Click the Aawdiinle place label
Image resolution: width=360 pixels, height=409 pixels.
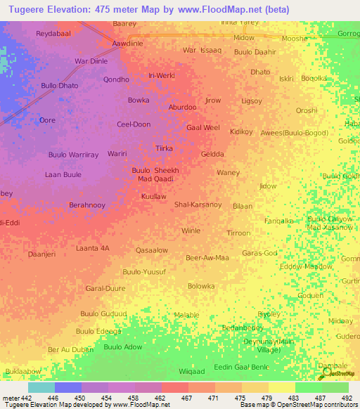[x=128, y=43]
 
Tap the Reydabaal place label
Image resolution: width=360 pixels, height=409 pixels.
[x=53, y=33]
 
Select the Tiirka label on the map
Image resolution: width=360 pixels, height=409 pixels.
[x=164, y=148]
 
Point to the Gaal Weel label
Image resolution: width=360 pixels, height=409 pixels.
[x=203, y=128]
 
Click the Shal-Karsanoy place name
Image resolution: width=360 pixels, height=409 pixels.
[x=198, y=204]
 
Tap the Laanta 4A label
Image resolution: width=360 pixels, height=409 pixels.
[x=93, y=248]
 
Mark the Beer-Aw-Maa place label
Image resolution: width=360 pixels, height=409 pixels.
[x=207, y=258]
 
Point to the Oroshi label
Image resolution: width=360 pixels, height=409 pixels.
[x=307, y=110]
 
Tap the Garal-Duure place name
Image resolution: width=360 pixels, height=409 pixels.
[x=105, y=288]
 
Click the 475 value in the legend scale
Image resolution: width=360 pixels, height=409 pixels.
[x=241, y=398]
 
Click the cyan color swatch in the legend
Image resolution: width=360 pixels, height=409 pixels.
[x=41, y=387]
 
